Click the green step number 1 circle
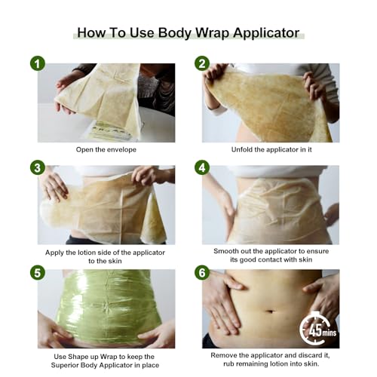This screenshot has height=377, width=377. coord(38,64)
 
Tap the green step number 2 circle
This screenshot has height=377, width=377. coord(203,64)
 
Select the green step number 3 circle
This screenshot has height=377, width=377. coord(38,167)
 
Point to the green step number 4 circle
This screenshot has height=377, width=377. coord(203,167)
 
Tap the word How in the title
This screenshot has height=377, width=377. coord(92,33)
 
